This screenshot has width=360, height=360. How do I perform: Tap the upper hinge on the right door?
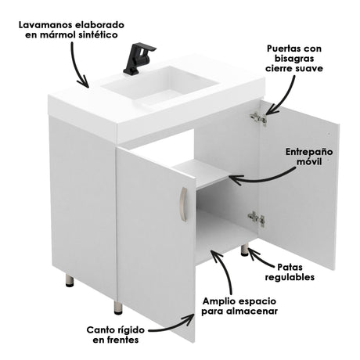(x=257, y=118)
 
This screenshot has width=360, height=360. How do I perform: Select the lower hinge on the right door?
(x=256, y=219)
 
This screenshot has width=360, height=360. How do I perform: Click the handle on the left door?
(x=182, y=203)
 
